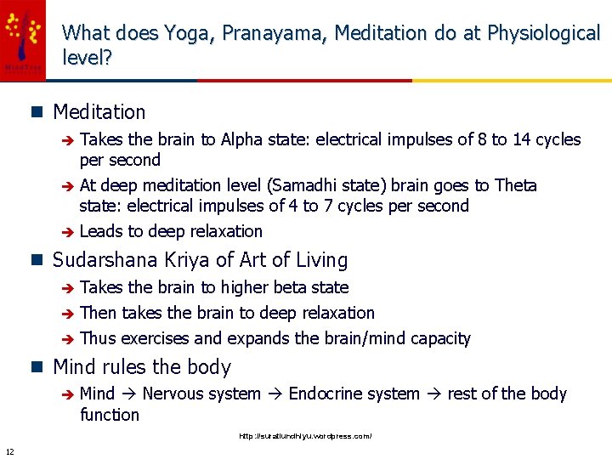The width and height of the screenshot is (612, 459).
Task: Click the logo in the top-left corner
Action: click(23, 40)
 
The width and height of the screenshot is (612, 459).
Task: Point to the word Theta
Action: click(516, 185)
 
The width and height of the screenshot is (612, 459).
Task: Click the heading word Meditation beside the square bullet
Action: click(99, 112)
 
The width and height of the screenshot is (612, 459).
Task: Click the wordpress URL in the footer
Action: click(305, 436)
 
